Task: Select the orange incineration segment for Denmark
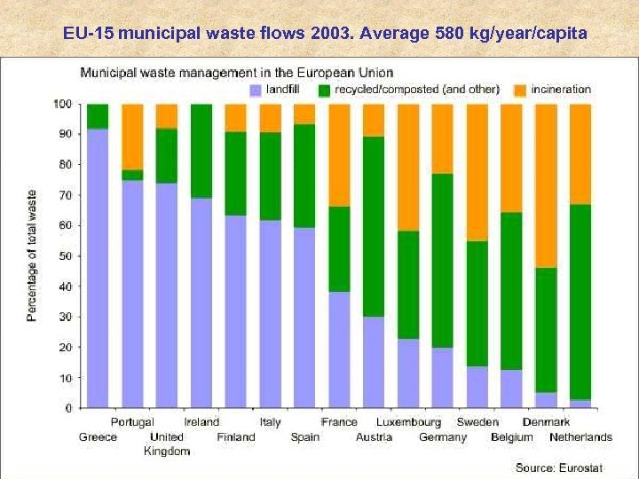pos(546,185)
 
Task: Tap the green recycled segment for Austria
pos(374,226)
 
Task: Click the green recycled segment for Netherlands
pos(580,302)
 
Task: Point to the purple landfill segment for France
pos(339,349)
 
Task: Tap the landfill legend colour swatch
pos(256,90)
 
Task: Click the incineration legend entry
pos(560,90)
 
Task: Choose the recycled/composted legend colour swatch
pos(325,90)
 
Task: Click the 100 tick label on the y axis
pos(62,104)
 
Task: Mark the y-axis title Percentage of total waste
pos(32,255)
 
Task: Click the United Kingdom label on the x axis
pos(167,444)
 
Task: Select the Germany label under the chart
pos(443,436)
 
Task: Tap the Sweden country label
pos(477,422)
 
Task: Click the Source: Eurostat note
pos(558,467)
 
